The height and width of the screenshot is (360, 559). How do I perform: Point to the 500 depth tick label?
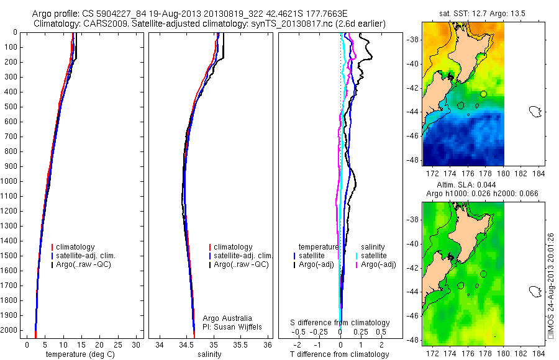pos(11,107)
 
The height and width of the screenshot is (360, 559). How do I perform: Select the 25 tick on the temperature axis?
pos(118,344)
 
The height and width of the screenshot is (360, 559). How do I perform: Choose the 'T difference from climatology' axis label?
pos(340,354)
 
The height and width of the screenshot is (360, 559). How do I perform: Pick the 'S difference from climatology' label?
pos(340,323)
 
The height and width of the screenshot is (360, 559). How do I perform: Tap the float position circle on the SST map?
pos(483,94)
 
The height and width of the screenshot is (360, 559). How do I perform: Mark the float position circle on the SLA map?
pos(483,274)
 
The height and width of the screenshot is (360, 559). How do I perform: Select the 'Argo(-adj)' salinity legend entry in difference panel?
pos(379,264)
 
